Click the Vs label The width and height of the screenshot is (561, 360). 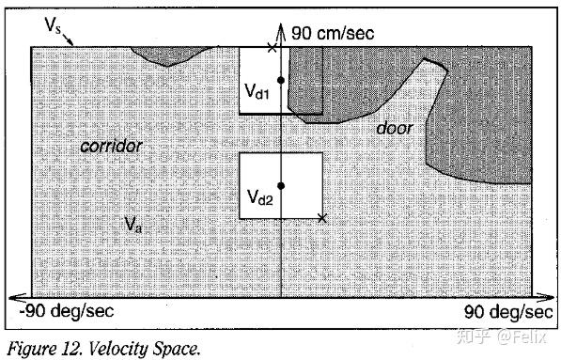click(x=54, y=25)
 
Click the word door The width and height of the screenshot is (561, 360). click(x=395, y=128)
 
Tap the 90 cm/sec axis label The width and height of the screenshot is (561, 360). click(x=332, y=34)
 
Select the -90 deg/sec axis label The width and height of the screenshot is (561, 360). click(x=62, y=312)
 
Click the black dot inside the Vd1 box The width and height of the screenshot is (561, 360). click(x=281, y=82)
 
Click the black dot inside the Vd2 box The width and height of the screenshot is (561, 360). click(x=281, y=186)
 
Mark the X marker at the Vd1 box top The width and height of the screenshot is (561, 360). click(x=273, y=47)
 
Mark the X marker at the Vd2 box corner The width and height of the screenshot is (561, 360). click(x=322, y=218)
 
